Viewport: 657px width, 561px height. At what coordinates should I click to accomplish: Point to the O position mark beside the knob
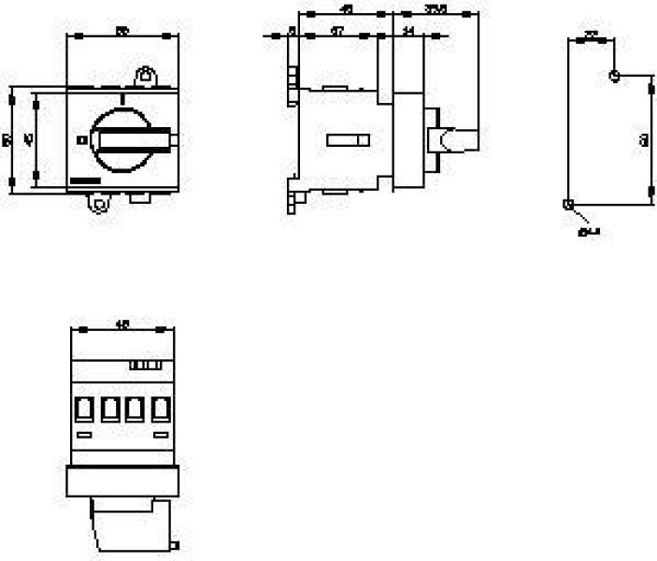click(80, 140)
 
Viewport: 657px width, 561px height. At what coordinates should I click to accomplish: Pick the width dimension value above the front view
click(121, 33)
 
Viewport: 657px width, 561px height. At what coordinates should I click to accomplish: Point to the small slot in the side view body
click(348, 140)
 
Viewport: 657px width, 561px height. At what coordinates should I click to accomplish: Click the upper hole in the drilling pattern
click(614, 75)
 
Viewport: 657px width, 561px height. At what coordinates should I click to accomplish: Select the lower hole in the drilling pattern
click(568, 204)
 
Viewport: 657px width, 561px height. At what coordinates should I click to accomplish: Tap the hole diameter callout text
click(589, 231)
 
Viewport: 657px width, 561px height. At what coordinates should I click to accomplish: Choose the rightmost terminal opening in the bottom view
click(161, 409)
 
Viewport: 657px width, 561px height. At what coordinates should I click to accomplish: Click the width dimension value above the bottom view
click(121, 325)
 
